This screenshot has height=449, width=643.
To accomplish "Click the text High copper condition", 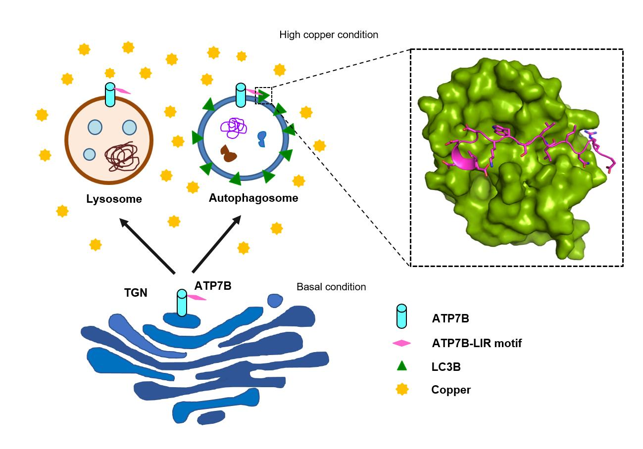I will tap(329, 35).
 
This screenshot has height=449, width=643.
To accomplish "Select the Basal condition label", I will tap(331, 287).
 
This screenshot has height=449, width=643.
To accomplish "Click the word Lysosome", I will tap(114, 199).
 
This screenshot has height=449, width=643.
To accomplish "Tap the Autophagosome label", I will tap(253, 198).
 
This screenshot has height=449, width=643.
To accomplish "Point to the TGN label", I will tap(136, 293).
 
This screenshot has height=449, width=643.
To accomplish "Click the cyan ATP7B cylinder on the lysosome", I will tap(110, 95).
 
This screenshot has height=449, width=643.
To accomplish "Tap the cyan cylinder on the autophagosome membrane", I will tap(241, 95).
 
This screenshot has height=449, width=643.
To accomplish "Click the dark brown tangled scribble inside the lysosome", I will tap(122, 157).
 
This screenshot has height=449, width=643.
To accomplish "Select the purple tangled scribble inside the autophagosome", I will tap(234, 128).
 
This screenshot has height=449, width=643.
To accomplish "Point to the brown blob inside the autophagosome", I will tap(229, 154).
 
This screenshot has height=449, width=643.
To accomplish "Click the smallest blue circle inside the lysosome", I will tap(89, 154).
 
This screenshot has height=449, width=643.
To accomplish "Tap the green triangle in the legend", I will tap(401, 366).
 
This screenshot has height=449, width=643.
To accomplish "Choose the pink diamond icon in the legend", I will tap(401, 343).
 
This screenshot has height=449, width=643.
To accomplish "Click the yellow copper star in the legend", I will tap(401, 390).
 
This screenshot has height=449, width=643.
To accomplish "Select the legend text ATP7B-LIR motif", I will tap(476, 343).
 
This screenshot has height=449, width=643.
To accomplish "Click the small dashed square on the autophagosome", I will tap(263, 95).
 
